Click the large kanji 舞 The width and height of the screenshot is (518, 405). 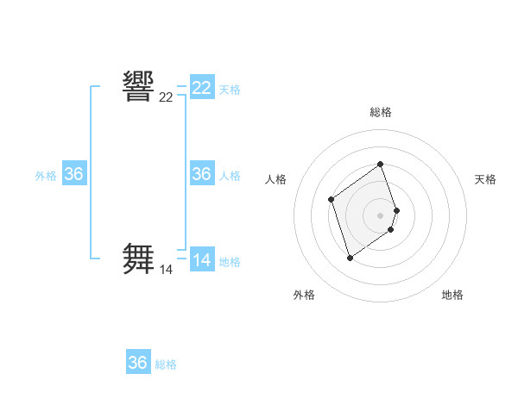point(139,259)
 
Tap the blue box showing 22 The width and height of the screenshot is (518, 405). point(202,88)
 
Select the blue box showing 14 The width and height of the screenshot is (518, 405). point(202,260)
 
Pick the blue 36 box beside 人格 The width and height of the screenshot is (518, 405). point(202,174)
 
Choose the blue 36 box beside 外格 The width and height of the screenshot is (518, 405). point(74,174)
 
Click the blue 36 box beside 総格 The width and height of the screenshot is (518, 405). point(138,363)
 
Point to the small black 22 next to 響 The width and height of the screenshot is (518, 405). point(166,97)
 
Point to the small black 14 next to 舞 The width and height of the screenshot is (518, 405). point(166,270)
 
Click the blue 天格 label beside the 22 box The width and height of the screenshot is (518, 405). point(230,90)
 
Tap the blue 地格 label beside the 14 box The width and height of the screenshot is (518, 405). point(230,262)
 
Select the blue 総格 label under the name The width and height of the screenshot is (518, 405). point(166,364)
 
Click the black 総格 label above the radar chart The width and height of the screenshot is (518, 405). point(381,112)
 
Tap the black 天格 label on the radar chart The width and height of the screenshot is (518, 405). point(485,179)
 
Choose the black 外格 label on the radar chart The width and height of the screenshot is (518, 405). point(304,295)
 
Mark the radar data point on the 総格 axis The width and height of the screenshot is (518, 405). point(381,165)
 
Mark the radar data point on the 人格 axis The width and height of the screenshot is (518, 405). point(332,200)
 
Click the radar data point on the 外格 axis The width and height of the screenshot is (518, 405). point(350,258)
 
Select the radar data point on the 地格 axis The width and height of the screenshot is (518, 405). point(391,230)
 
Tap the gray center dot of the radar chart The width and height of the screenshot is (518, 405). point(381,215)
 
